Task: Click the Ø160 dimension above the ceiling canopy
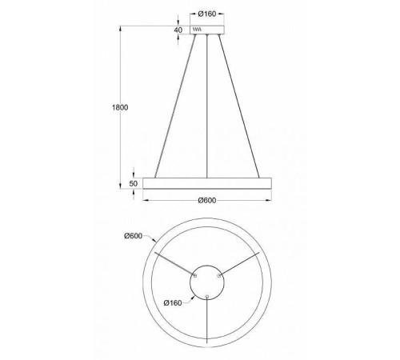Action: (207, 14)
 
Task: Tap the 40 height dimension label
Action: (178, 30)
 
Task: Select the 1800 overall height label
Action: (120, 107)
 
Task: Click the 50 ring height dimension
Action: (134, 183)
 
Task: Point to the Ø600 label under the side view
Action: (207, 200)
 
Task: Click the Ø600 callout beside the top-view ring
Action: (133, 236)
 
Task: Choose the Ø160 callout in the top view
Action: (173, 302)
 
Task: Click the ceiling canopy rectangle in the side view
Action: (207, 30)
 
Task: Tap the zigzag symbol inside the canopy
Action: (197, 29)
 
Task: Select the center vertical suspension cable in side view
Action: (207, 106)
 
